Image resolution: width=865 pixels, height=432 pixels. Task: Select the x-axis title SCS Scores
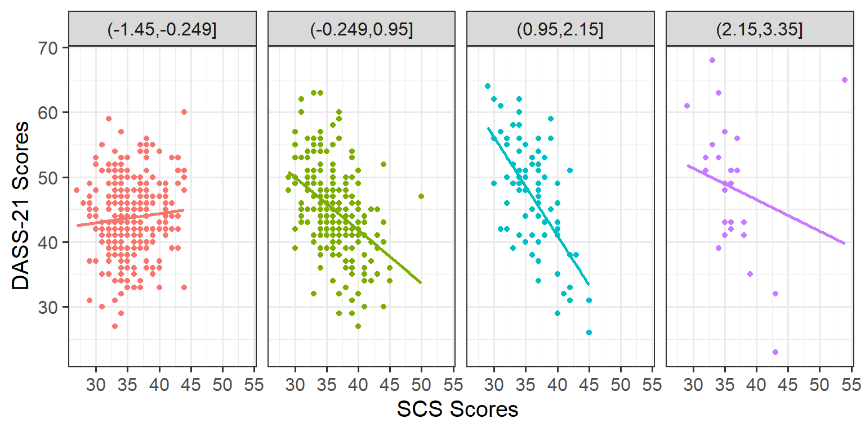(x=457, y=409)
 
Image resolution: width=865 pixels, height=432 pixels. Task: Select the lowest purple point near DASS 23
(x=775, y=352)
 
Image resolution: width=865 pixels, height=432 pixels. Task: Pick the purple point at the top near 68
(x=712, y=60)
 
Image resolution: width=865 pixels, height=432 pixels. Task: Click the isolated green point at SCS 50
(x=421, y=196)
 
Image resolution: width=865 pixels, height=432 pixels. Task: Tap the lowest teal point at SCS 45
(x=589, y=332)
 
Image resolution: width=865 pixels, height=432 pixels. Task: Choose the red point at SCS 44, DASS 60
(x=184, y=112)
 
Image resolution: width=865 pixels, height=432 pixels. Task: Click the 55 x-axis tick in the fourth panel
(x=851, y=386)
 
